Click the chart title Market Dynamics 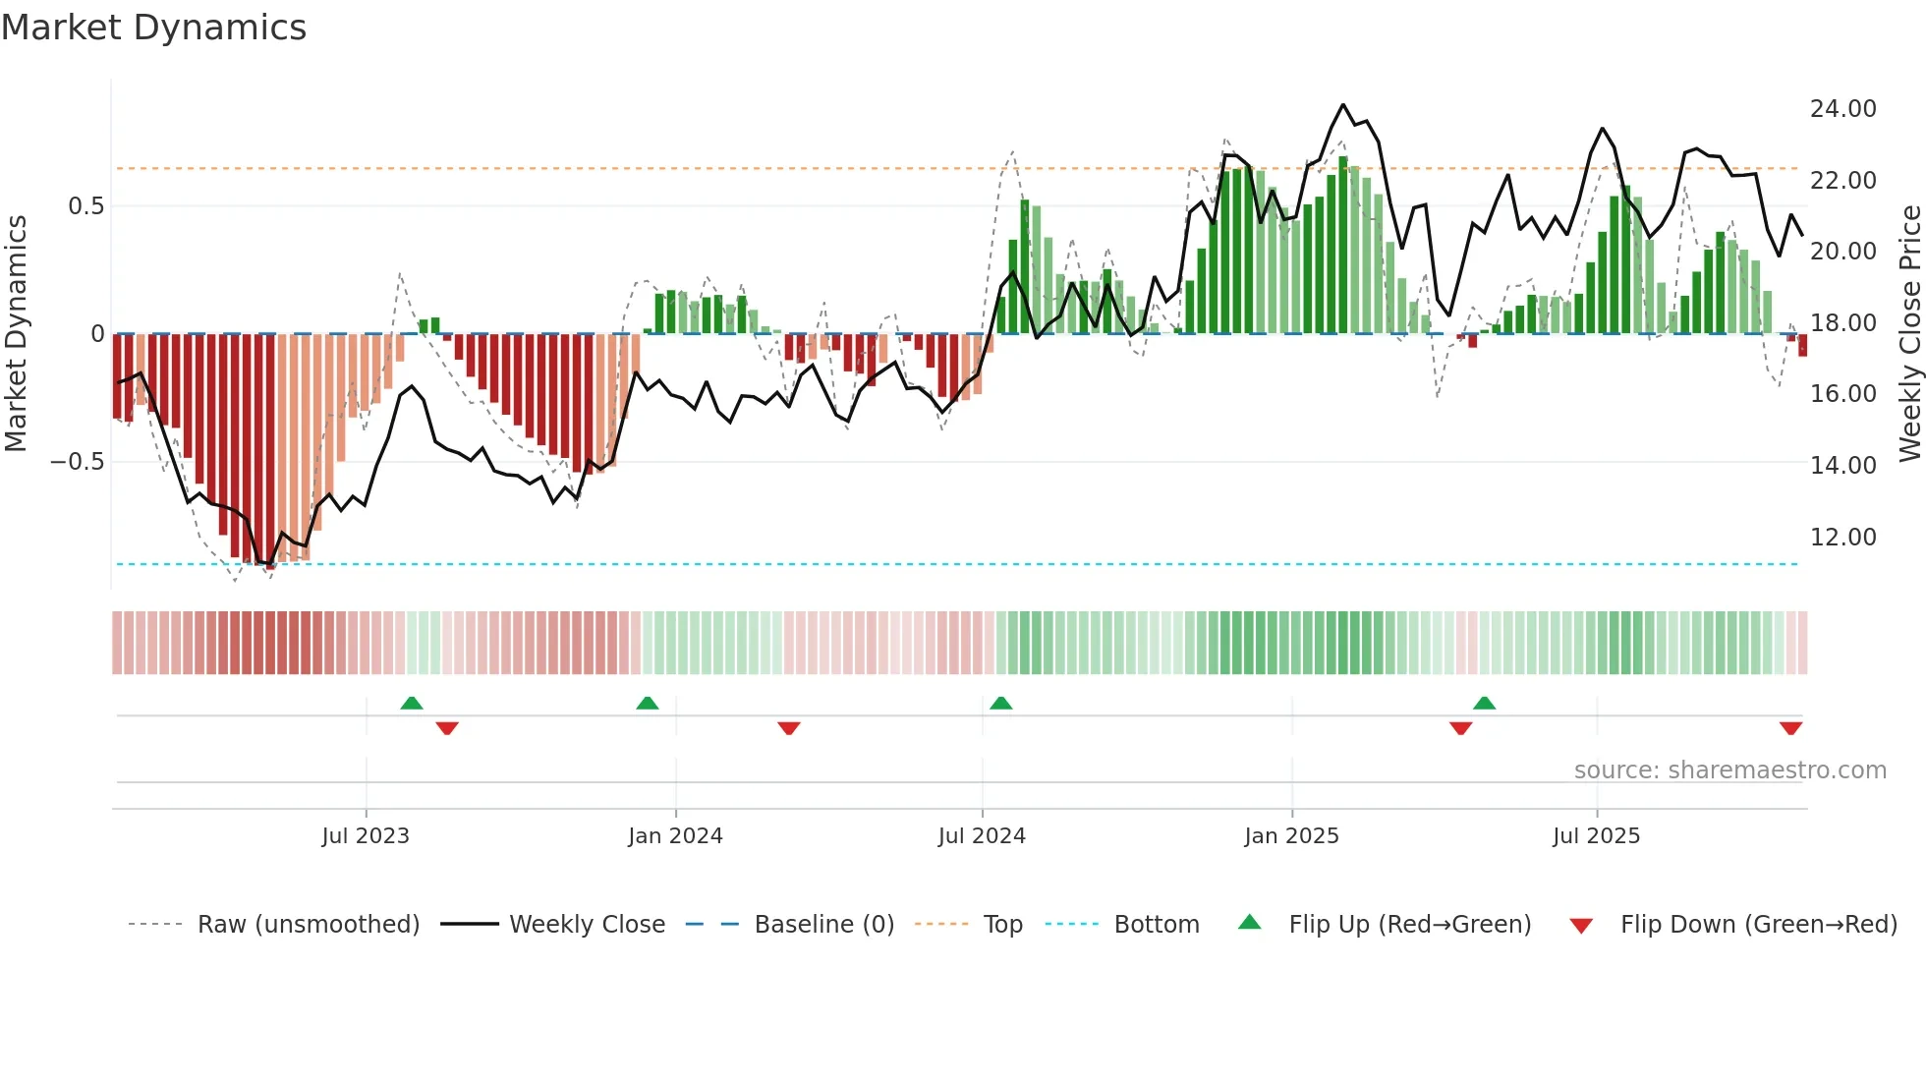pyautogui.click(x=153, y=28)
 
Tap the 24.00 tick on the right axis pyautogui.click(x=1842, y=109)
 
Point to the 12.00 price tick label pyautogui.click(x=1842, y=538)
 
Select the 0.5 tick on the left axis pyautogui.click(x=85, y=206)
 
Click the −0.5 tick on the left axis pyautogui.click(x=78, y=462)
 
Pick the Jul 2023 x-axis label pyautogui.click(x=366, y=836)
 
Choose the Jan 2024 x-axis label pyautogui.click(x=675, y=836)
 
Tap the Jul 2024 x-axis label pyautogui.click(x=982, y=836)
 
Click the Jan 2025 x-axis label pyautogui.click(x=1291, y=836)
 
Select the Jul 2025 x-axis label pyautogui.click(x=1596, y=836)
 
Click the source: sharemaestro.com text pyautogui.click(x=1729, y=770)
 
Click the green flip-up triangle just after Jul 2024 pyautogui.click(x=1000, y=703)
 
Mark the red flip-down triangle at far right pyautogui.click(x=1790, y=728)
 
